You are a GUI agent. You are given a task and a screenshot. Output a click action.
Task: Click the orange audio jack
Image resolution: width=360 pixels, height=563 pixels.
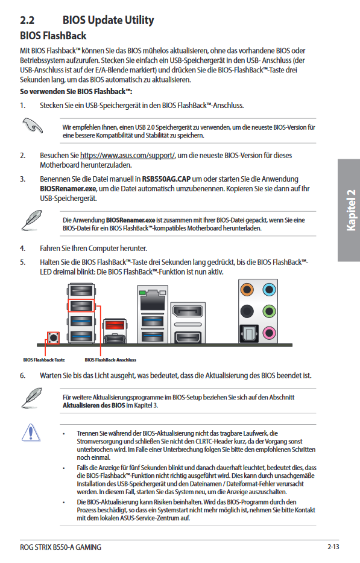pos(247,290)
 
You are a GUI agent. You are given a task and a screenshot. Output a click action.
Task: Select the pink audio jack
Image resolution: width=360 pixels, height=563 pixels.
pos(269,333)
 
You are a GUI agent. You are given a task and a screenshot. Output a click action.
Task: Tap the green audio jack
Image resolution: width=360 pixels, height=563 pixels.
pos(269,311)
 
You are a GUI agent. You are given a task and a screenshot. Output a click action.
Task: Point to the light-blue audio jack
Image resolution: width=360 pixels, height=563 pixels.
pos(269,290)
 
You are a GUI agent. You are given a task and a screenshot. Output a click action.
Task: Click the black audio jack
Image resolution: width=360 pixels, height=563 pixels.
pos(247,311)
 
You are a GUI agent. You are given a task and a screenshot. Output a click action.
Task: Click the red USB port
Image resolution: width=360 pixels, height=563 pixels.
pos(115,325)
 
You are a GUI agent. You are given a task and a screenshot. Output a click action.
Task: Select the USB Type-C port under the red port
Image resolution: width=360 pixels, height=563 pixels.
pos(115,339)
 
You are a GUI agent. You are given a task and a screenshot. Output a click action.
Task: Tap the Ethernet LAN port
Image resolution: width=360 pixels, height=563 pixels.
pos(153,300)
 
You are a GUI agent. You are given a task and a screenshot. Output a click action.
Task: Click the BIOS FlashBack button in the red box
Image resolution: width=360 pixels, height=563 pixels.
pos(54,337)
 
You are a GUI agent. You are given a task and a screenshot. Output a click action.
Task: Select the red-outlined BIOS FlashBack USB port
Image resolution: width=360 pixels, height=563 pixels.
pos(81,305)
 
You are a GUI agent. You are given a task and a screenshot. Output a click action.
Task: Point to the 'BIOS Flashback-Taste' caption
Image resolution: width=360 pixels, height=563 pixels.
pos(44,360)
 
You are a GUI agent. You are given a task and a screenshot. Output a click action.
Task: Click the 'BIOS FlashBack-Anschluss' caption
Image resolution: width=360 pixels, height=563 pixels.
pos(110,360)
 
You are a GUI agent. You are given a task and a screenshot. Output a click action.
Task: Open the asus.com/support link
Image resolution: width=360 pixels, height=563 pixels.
pos(127,156)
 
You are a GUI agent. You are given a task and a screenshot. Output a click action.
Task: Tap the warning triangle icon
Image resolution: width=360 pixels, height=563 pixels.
pos(31,432)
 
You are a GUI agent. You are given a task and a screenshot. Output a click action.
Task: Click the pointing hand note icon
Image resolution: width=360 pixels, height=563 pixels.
pos(33,126)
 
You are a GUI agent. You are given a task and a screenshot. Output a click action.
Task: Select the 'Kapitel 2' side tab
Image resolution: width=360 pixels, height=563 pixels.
pos(349,210)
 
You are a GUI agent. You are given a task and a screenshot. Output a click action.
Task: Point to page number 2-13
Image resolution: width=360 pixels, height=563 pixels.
pos(333,547)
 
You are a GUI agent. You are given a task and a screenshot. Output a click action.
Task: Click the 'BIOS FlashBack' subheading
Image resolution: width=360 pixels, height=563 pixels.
pos(53,36)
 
